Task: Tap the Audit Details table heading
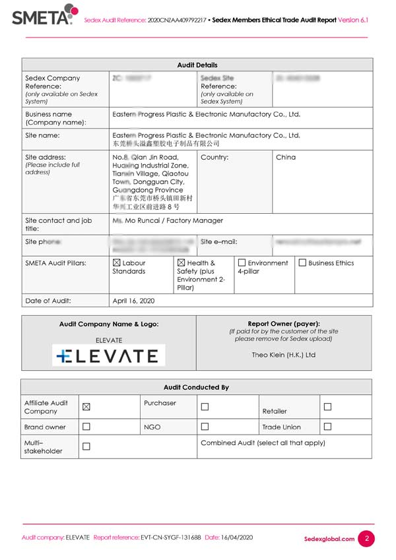tap(197, 65)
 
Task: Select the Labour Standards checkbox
tap(117, 263)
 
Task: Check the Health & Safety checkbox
tap(181, 263)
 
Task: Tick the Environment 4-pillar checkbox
tap(242, 263)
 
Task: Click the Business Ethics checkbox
tap(302, 263)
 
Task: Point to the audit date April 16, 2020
tap(133, 300)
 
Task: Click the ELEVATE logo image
tap(109, 356)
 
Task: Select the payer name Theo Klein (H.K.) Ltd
tap(284, 354)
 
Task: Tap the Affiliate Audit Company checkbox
tap(86, 407)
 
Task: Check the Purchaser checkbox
tap(205, 407)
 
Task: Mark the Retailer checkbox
tap(327, 407)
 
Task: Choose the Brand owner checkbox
tap(86, 427)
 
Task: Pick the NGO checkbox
tap(205, 427)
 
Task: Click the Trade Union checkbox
tap(327, 427)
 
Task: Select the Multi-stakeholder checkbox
tap(86, 447)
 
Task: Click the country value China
tap(286, 158)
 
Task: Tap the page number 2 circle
tap(366, 538)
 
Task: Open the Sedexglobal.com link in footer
tap(329, 539)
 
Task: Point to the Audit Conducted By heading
tap(196, 387)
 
